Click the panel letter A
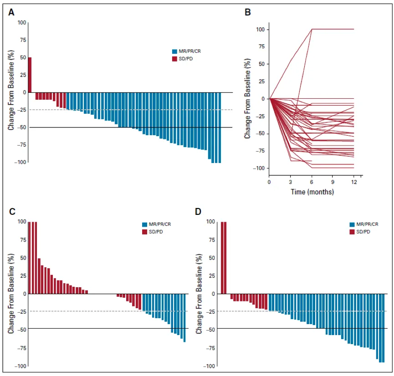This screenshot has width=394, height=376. pos(11,13)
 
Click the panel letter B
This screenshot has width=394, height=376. pos(248,13)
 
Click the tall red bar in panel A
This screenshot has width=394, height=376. pos(30,75)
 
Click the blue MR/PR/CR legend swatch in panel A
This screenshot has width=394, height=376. pos(174,51)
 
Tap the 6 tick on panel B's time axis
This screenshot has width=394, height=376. pos(312,182)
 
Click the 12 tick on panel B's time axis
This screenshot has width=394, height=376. pos(353,182)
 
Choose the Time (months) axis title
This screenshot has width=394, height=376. pos(312,192)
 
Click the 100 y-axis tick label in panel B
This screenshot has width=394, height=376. pos(260,30)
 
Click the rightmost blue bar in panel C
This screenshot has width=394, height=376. pos(184,318)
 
